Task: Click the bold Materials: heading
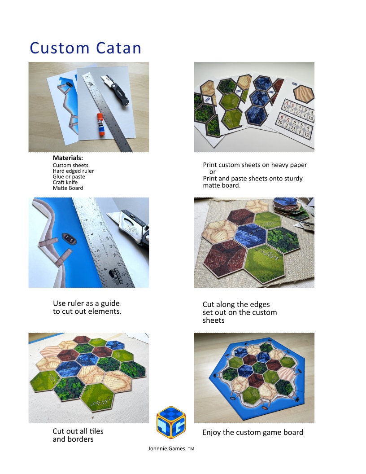click(68, 158)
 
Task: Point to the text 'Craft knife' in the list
click(65, 182)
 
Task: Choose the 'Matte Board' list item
click(68, 188)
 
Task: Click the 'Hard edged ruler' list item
click(73, 171)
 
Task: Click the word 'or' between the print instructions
click(213, 172)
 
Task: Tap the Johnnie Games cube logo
click(171, 422)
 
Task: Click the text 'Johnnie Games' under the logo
click(166, 448)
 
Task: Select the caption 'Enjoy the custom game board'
click(253, 432)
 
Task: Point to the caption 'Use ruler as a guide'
click(86, 303)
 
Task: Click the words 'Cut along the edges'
click(236, 304)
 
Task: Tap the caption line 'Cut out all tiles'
click(78, 431)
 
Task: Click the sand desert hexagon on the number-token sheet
click(304, 93)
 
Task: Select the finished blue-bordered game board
click(254, 377)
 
